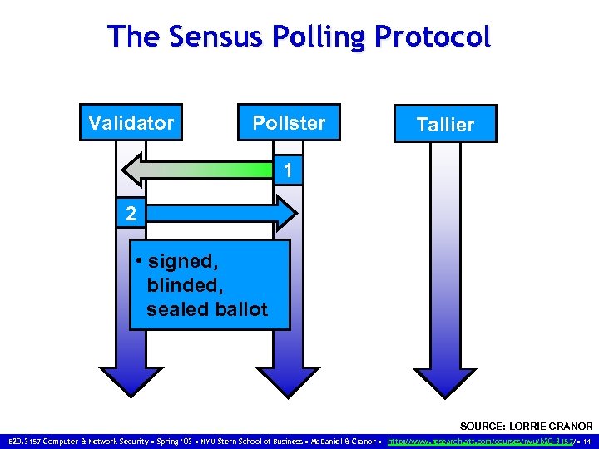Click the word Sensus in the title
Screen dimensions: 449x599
[201, 37]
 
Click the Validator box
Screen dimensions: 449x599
[131, 123]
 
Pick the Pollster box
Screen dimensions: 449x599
[289, 123]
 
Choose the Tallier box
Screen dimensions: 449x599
[445, 125]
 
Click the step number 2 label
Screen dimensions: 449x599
[131, 214]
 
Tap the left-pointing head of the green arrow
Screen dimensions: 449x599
[133, 170]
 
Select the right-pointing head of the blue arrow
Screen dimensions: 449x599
[286, 213]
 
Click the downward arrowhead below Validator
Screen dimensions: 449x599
[131, 378]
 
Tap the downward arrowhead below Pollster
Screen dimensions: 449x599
[288, 378]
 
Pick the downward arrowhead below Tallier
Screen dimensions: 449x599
[446, 378]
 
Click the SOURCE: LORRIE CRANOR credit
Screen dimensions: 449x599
[526, 426]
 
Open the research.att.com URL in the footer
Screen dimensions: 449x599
[482, 441]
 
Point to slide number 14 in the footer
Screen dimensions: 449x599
[587, 441]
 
